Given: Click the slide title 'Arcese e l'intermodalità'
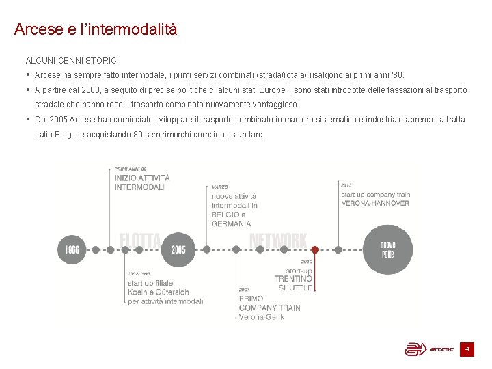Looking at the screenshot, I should point(96,30).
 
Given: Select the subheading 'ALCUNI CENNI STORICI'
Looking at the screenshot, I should point(72,61).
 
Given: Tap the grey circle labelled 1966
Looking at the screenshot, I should point(72,249).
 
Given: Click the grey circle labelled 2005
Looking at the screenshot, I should point(178,249).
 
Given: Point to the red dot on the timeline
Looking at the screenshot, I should point(314,249).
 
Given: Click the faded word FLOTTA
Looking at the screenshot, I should point(140,240).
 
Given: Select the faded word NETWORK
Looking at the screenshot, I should point(278,241).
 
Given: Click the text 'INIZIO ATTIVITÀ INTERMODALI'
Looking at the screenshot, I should point(142,182).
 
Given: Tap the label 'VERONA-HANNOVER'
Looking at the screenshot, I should point(375,203).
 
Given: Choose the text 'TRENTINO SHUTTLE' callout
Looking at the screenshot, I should point(294,284).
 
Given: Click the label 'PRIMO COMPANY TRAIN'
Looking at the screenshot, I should point(269,303).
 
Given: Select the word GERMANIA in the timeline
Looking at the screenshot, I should point(231,223).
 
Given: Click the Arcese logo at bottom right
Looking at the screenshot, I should point(429,349).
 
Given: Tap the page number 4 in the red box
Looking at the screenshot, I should point(467,349).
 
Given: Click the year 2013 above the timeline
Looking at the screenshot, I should point(346,184).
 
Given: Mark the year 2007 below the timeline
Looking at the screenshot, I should point(245,289).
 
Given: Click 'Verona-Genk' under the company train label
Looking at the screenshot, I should point(262,317).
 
